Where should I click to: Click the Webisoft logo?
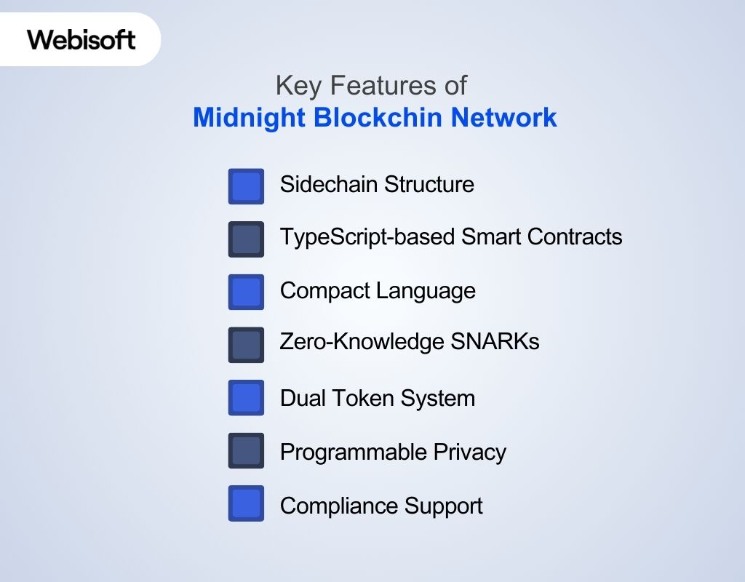pyautogui.click(x=81, y=39)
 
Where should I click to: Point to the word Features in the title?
pyautogui.click(x=376, y=86)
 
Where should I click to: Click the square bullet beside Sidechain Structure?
pyautogui.click(x=246, y=186)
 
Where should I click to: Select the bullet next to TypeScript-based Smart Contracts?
pyautogui.click(x=246, y=239)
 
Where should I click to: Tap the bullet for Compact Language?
pyautogui.click(x=246, y=292)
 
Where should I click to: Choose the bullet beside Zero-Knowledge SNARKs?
pyautogui.click(x=246, y=344)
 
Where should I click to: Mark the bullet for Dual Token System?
pyautogui.click(x=246, y=398)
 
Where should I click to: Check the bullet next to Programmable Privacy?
pyautogui.click(x=246, y=451)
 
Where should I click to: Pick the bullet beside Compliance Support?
pyautogui.click(x=246, y=504)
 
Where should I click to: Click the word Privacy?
pyautogui.click(x=470, y=452)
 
